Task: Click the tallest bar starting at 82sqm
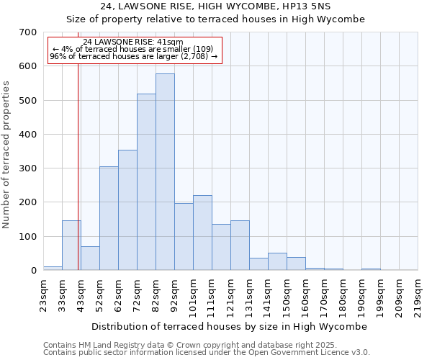(x=165, y=173)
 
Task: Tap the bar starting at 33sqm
(x=71, y=246)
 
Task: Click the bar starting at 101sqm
(x=202, y=233)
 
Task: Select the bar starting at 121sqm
(x=240, y=246)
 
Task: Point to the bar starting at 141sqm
(x=277, y=261)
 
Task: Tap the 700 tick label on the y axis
(x=28, y=32)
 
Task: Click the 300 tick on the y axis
(x=28, y=168)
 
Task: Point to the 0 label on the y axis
(x=34, y=271)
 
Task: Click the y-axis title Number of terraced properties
(x=7, y=154)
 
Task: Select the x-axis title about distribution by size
(x=230, y=327)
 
